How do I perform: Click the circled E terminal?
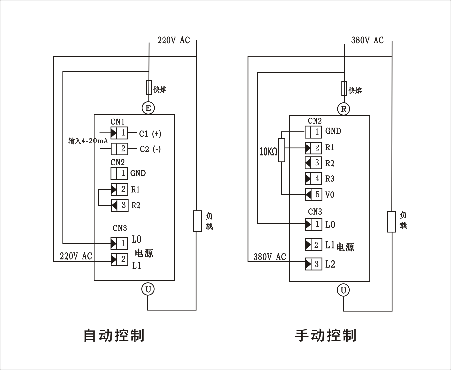pyautogui.click(x=148, y=108)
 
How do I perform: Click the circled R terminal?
pyautogui.click(x=344, y=109)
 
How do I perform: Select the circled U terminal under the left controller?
pyautogui.click(x=148, y=289)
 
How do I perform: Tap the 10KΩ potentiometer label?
pyautogui.click(x=268, y=152)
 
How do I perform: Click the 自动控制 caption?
pyautogui.click(x=114, y=335)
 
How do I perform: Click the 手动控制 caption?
pyautogui.click(x=325, y=335)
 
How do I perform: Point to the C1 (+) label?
pyautogui.click(x=150, y=134)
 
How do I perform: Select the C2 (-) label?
pyautogui.click(x=150, y=149)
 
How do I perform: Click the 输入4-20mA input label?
pyautogui.click(x=88, y=141)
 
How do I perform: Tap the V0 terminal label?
pyautogui.click(x=330, y=195)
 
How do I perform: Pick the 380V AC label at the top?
pyautogui.click(x=367, y=40)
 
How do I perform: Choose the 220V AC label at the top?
pyautogui.click(x=173, y=40)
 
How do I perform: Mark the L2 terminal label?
pyautogui.click(x=330, y=264)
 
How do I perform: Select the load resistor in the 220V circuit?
pyautogui.click(x=197, y=221)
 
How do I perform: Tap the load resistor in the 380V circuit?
pyautogui.click(x=391, y=222)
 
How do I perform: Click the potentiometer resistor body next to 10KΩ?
pyautogui.click(x=281, y=150)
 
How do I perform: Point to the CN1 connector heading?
pyautogui.click(x=117, y=122)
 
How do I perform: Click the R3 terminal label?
pyautogui.click(x=330, y=179)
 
